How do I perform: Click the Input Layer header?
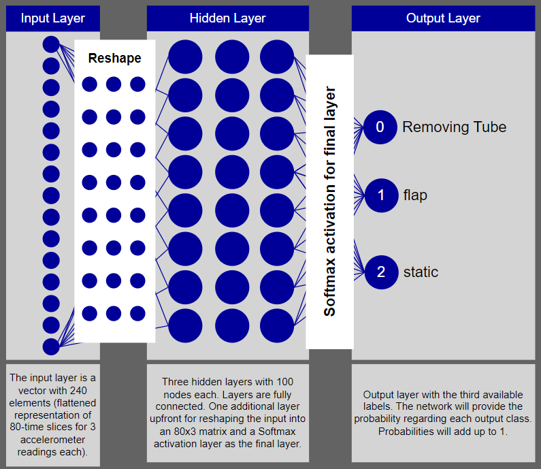click(53, 18)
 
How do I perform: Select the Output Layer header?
click(443, 18)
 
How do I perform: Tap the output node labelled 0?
click(380, 127)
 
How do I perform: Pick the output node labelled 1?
click(380, 196)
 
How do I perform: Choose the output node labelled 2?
click(380, 272)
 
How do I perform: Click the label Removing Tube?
click(454, 127)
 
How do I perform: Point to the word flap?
click(415, 196)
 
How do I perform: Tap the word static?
click(421, 272)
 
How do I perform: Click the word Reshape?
click(115, 59)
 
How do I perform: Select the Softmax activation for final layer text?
click(330, 201)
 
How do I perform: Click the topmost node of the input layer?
click(51, 45)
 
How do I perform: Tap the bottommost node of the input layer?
click(51, 346)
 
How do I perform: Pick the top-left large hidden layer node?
click(185, 57)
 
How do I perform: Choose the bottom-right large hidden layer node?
click(277, 326)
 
